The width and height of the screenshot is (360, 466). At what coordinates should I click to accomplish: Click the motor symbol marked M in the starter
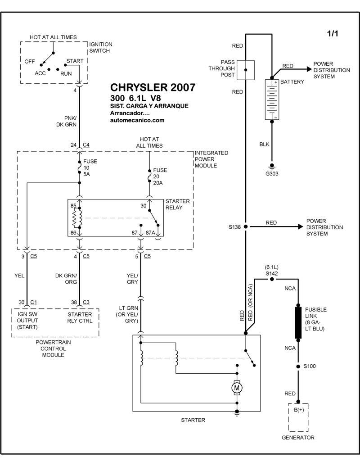coord(236,387)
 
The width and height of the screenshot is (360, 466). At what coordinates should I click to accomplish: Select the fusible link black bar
coord(298,322)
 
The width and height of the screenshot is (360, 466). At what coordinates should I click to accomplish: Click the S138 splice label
coord(235,227)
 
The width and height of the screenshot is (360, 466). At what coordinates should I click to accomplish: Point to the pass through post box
coord(245,70)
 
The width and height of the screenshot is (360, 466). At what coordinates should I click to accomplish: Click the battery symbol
coord(271,100)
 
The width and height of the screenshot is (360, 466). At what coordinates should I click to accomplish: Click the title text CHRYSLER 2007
coord(153,87)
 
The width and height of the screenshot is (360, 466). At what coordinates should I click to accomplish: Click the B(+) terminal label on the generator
coord(298,410)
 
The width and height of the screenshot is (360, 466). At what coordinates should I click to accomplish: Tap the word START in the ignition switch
coord(74,61)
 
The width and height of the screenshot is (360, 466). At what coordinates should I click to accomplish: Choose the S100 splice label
coord(310,366)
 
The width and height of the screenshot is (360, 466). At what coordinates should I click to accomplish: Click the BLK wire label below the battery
coord(264,145)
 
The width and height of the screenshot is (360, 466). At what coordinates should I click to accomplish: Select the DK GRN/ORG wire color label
coord(66,279)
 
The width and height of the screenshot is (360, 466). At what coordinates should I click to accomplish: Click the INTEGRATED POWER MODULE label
coord(211,159)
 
